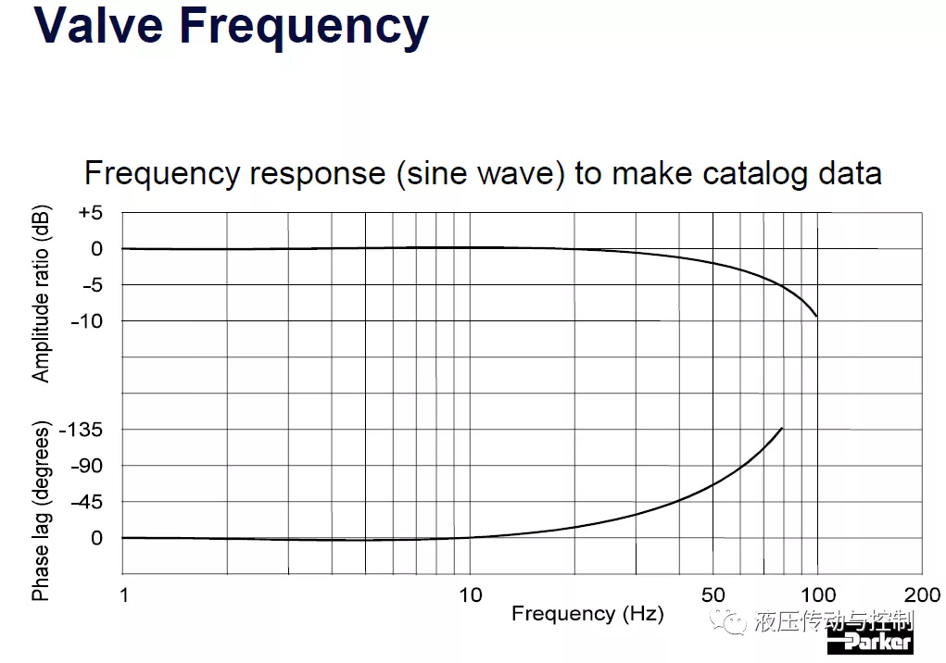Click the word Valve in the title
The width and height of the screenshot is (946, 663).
coord(98,25)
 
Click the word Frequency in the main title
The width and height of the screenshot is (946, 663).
coord(304,29)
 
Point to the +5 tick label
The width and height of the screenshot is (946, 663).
coord(91,213)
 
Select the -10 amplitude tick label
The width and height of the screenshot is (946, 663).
coord(87,321)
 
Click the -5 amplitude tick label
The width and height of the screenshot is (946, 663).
coord(93,285)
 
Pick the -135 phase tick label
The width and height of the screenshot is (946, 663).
coord(81,430)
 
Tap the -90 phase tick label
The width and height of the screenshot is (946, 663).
coord(87,466)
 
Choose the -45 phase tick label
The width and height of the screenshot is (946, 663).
coord(87,502)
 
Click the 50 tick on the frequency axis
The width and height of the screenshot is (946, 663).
coord(713,595)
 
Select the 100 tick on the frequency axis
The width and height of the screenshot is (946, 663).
coord(818,595)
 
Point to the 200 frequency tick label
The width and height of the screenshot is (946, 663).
coord(923,595)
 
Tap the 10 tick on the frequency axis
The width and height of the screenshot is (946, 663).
coord(471,595)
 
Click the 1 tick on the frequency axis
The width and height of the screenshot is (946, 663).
coord(124,595)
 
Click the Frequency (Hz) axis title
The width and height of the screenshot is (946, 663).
coord(587,614)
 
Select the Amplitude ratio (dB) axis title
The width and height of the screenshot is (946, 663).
coord(41,294)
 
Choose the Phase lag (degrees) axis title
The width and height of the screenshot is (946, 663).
coord(41,511)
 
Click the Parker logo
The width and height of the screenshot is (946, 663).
coord(870,642)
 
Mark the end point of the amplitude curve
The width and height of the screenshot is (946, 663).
coord(817,316)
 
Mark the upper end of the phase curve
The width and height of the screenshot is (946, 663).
coord(782,428)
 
